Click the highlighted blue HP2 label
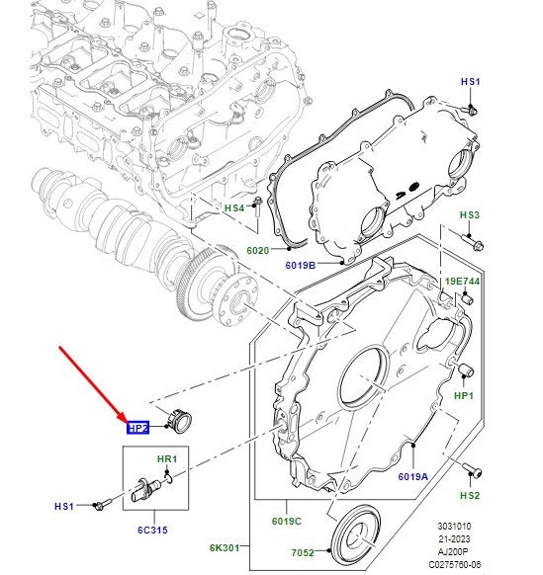pyautogui.click(x=136, y=428)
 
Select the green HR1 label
pyautogui.click(x=167, y=459)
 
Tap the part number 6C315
pyautogui.click(x=151, y=531)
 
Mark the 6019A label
pyautogui.click(x=412, y=476)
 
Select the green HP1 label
pyautogui.click(x=464, y=395)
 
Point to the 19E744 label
pyautogui.click(x=462, y=282)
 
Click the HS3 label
pyautogui.click(x=469, y=214)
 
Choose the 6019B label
pyautogui.click(x=301, y=265)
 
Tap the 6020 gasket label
pyautogui.click(x=257, y=251)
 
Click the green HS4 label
pyautogui.click(x=234, y=208)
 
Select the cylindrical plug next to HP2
pyautogui.click(x=180, y=418)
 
